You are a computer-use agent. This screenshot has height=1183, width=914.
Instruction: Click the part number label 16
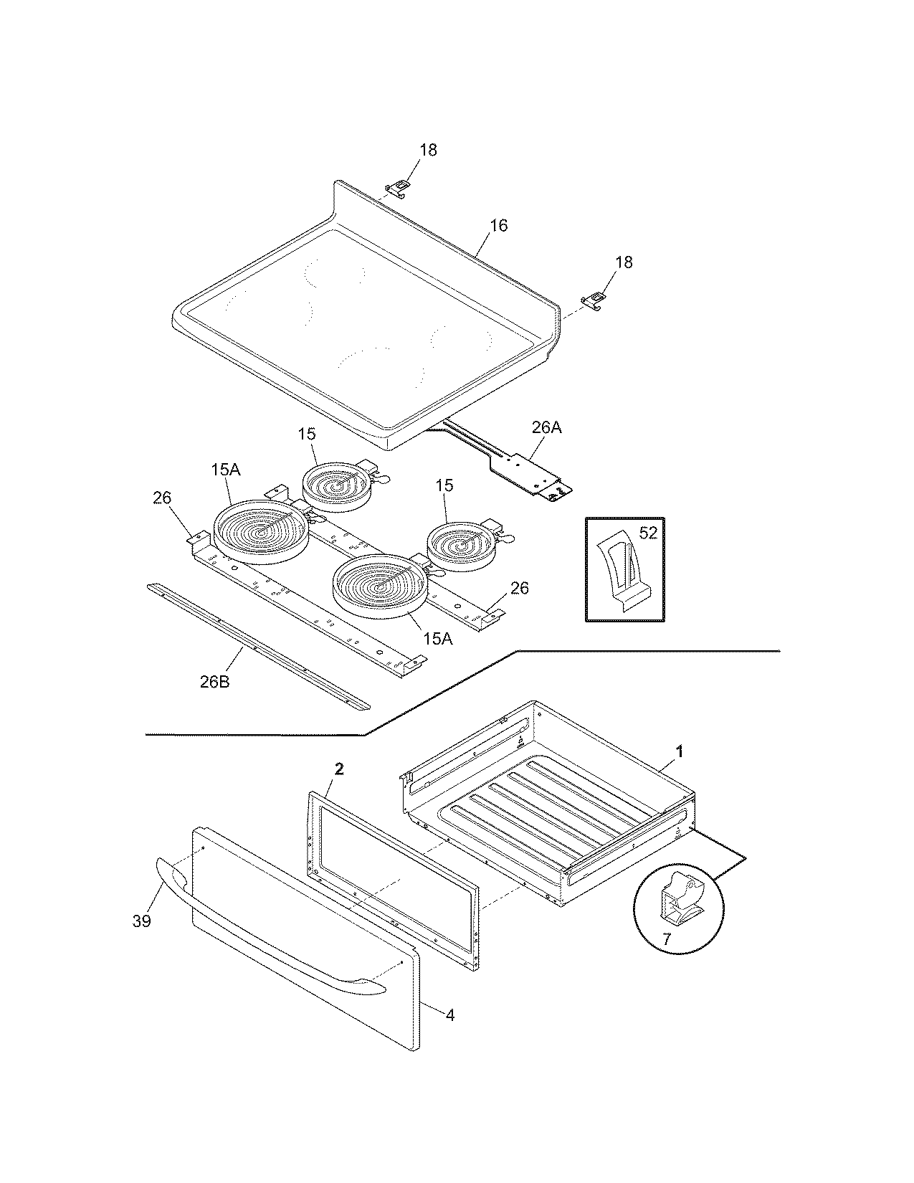498,226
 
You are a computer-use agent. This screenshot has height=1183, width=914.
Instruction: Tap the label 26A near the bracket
546,428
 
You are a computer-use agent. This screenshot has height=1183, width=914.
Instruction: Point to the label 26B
214,682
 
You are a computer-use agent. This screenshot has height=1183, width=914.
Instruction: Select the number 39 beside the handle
142,921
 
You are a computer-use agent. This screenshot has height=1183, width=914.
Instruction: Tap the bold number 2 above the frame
340,769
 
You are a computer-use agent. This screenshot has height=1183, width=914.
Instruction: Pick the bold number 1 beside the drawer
680,751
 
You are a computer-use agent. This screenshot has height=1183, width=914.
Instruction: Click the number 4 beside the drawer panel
449,1015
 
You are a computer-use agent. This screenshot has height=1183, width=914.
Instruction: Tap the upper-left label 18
428,150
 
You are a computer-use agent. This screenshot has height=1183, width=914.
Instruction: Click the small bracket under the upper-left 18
399,187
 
